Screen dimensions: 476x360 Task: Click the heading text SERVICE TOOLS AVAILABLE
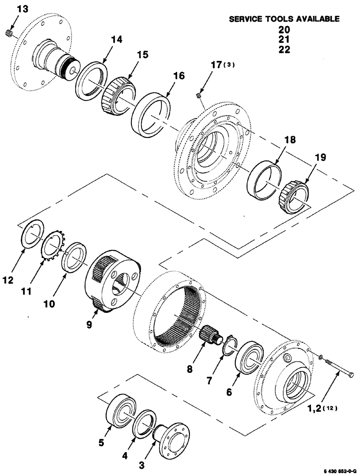(x=284, y=19)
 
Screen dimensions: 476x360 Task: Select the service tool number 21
(x=284, y=40)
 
